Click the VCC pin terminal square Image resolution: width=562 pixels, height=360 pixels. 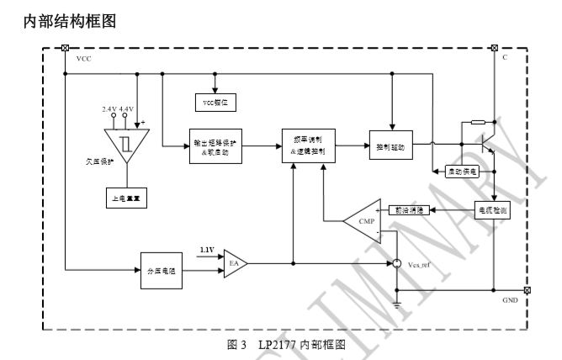[x=66, y=47]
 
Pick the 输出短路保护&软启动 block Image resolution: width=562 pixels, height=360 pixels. [x=216, y=147]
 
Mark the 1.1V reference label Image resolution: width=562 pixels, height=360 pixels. [x=207, y=250]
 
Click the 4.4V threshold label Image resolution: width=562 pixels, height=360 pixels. [x=127, y=109]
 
